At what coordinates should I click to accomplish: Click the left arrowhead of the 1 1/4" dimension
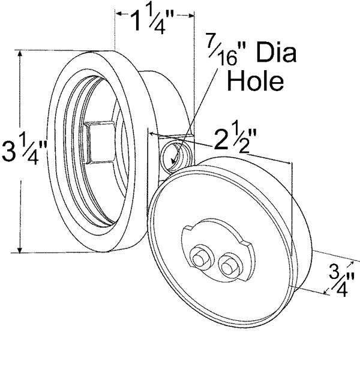118,13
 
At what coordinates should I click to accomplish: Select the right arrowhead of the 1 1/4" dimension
191,13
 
